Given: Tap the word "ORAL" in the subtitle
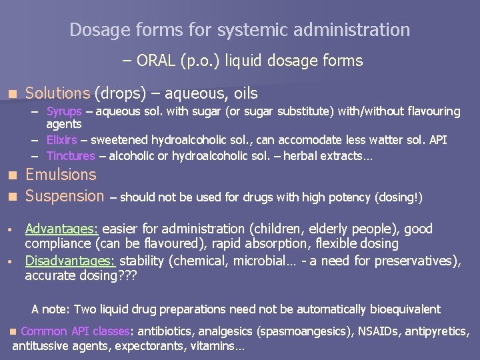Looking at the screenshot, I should (156, 61).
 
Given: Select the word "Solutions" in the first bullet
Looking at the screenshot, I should (57, 93).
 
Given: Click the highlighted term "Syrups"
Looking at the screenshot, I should (64, 111).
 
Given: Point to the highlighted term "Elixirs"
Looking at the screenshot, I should (61, 140).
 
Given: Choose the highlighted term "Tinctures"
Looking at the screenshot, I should (71, 156).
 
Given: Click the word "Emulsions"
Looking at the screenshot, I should (61, 175).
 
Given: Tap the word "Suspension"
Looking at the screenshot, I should (65, 196).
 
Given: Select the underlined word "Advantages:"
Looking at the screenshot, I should (62, 229).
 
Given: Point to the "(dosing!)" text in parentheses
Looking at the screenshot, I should (400, 197).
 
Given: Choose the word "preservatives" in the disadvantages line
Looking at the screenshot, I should (414, 261).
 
